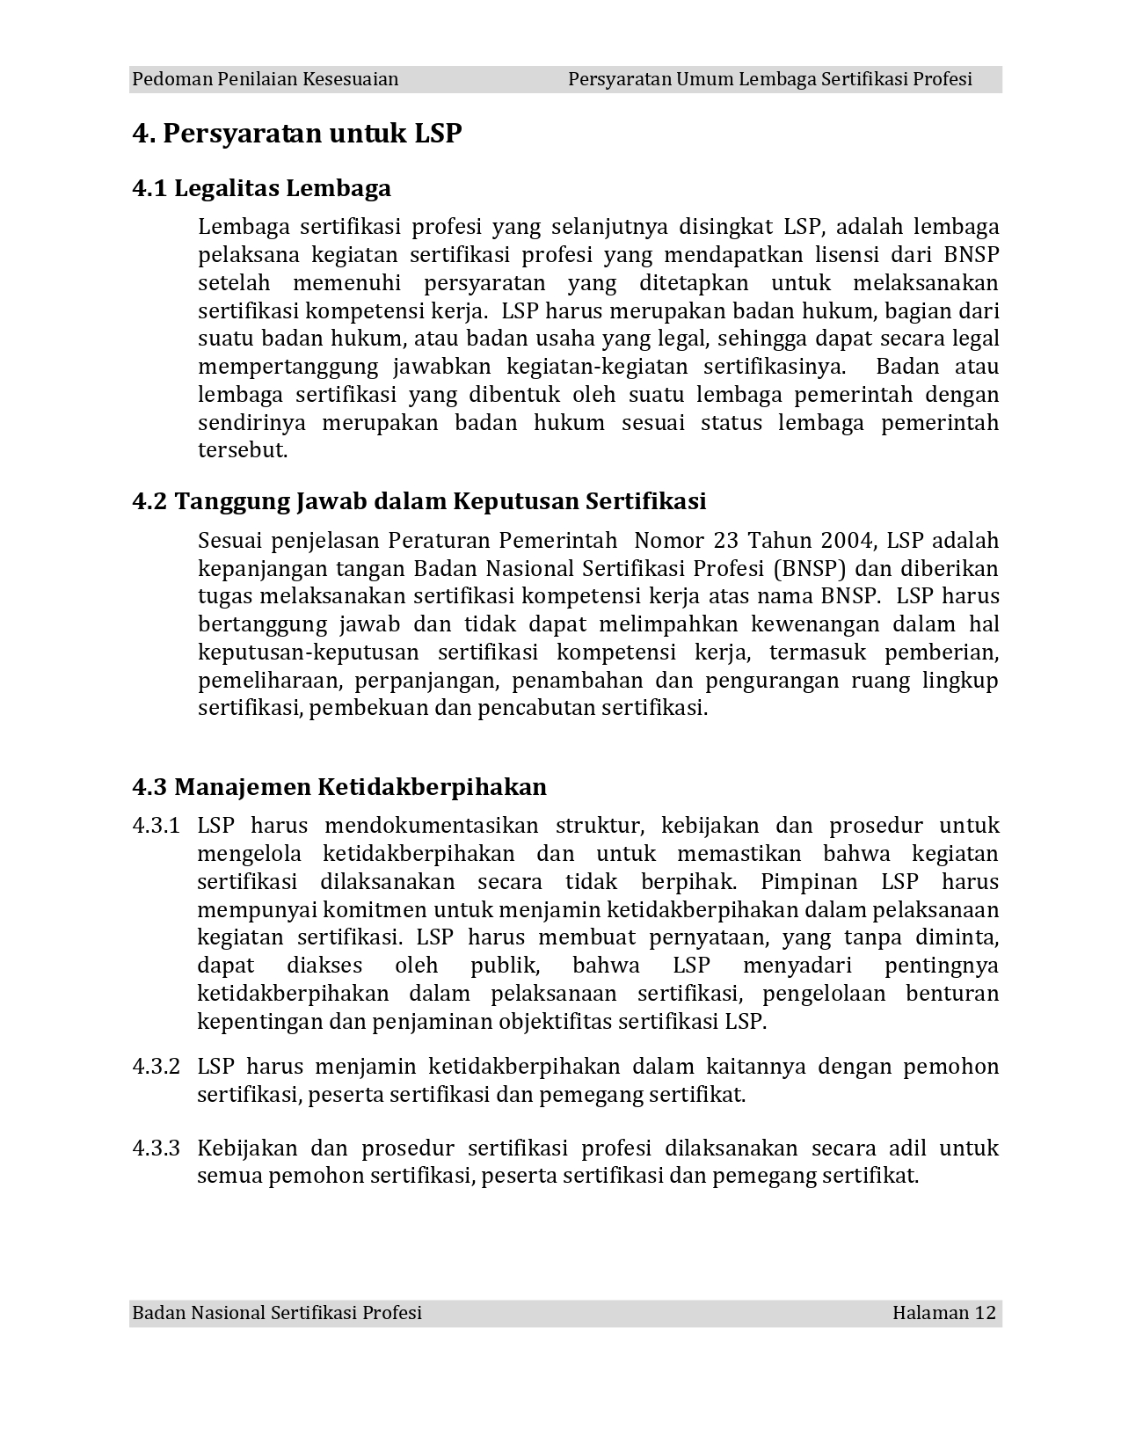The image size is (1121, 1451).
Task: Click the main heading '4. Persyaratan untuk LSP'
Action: tap(296, 134)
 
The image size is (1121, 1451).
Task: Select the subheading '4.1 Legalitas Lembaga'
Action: tap(261, 188)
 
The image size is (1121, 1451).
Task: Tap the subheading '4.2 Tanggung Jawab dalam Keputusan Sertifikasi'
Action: tap(419, 501)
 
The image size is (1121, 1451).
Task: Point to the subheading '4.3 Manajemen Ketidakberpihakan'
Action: tap(338, 786)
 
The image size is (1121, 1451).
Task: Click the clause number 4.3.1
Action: tap(156, 826)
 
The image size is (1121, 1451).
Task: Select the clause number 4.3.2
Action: tap(156, 1067)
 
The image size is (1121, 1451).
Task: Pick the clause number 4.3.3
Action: tap(156, 1148)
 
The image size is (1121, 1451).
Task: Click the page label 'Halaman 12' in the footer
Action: tap(943, 1313)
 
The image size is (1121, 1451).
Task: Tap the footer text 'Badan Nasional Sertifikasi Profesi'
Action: tap(276, 1313)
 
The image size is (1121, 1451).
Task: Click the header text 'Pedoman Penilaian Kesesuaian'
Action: tap(265, 79)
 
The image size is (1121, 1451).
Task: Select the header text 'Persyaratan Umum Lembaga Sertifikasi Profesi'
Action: tap(769, 79)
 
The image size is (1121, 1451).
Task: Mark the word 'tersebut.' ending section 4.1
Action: tap(243, 450)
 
